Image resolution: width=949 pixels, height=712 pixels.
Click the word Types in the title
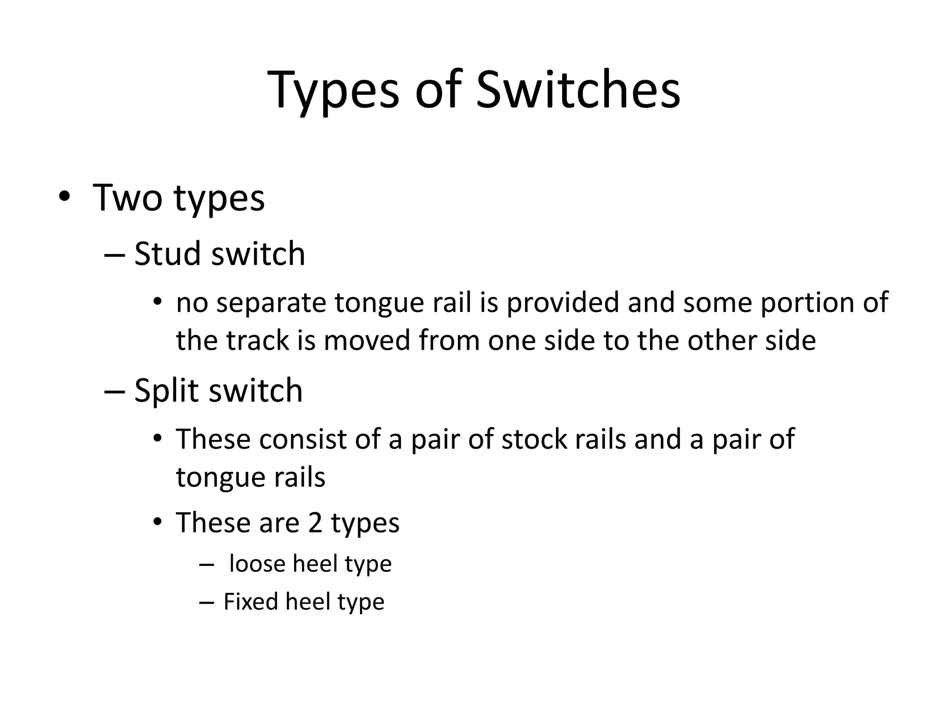point(333,90)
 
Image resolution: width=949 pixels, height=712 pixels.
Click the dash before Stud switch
point(115,254)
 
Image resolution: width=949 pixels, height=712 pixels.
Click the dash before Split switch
point(115,391)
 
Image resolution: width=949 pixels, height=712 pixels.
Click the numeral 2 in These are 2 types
point(315,523)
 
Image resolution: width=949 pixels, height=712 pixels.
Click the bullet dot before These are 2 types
point(158,522)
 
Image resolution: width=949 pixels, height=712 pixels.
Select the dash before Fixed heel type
point(206,603)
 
